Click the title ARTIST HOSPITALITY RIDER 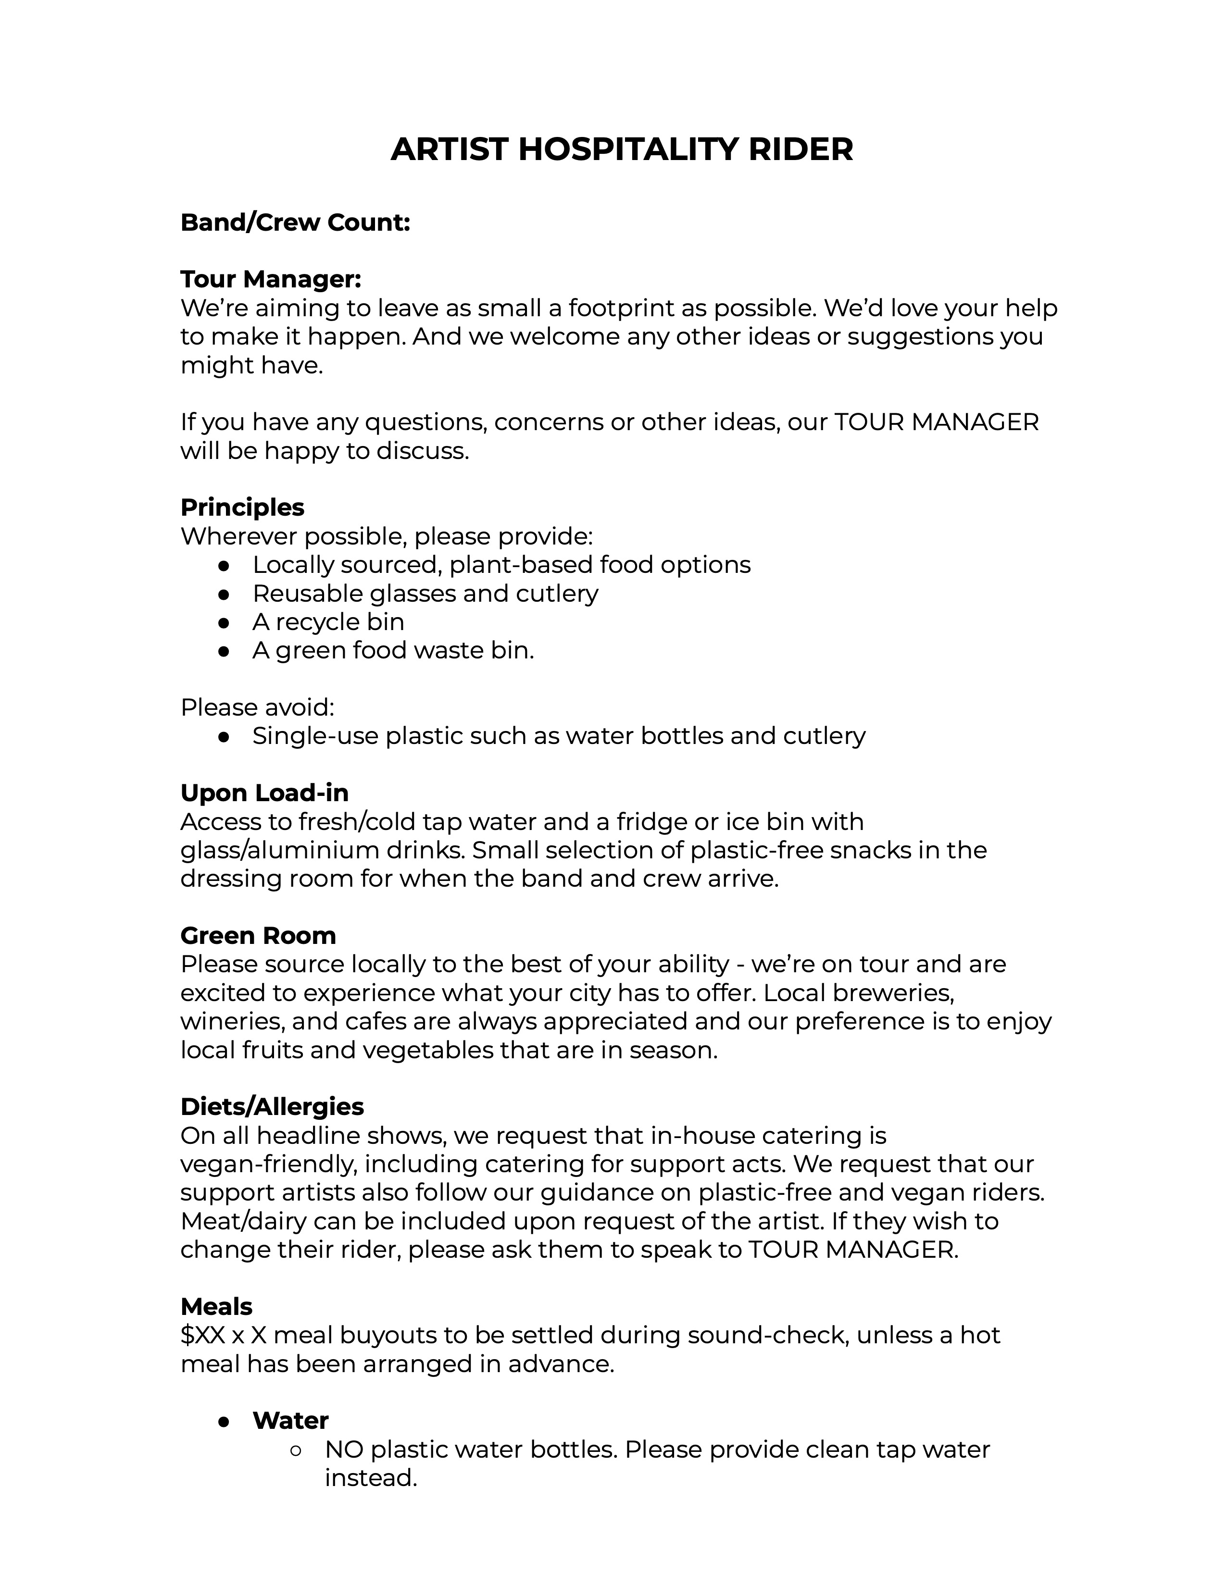coord(621,149)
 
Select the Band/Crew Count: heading coord(295,222)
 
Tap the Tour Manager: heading coord(270,279)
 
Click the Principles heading coord(242,507)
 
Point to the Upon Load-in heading coord(264,792)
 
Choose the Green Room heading coord(258,935)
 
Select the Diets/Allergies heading coord(272,1107)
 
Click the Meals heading coord(216,1306)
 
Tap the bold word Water coord(290,1420)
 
